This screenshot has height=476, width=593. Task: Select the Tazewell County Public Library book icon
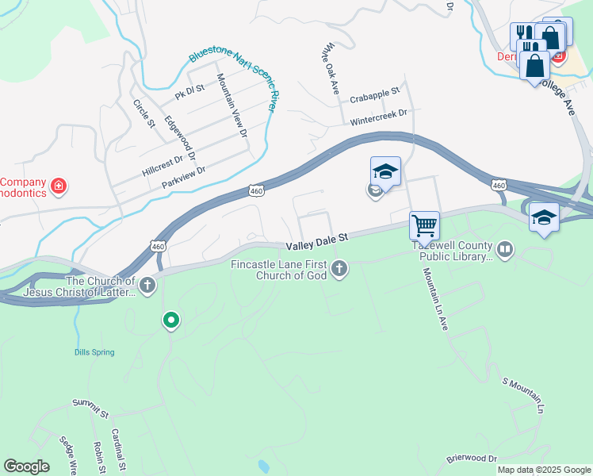tap(505, 251)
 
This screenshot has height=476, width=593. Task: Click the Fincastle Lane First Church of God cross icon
tap(339, 269)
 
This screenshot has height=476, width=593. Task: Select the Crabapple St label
tap(374, 93)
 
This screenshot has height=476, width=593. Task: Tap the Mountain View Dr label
tap(231, 104)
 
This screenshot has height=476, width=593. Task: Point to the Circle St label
tap(143, 113)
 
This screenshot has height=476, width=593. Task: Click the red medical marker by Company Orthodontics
tap(58, 186)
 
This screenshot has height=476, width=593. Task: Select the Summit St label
tap(90, 408)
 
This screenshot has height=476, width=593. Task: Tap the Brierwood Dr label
tap(471, 459)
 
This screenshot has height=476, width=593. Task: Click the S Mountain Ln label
tap(523, 395)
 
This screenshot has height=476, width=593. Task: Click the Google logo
tap(26, 466)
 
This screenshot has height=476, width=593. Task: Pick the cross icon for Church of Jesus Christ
tap(146, 284)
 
